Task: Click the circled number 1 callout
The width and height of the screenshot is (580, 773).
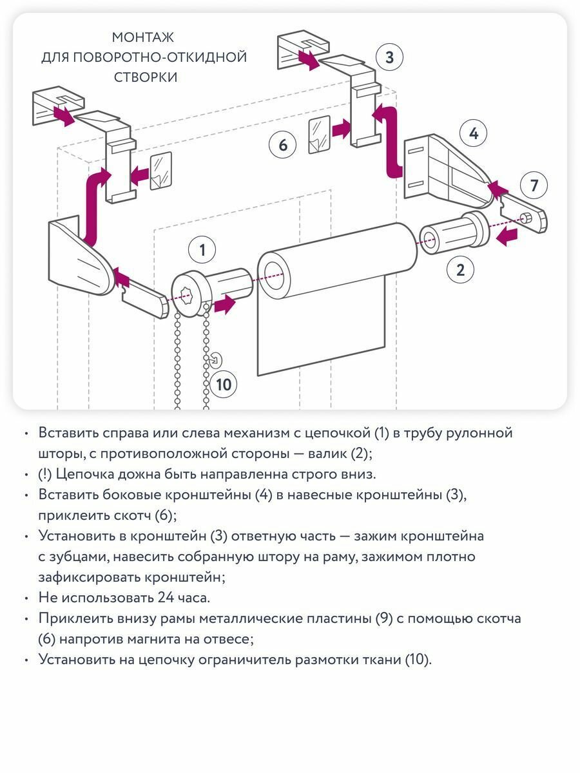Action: (203, 250)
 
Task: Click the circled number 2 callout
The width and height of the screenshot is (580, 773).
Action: (460, 269)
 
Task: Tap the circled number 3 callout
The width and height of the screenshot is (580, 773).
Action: (389, 57)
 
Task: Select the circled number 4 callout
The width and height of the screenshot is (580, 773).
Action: (474, 134)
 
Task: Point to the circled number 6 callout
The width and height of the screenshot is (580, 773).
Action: (283, 144)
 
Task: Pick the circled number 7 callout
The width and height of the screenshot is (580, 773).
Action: (534, 186)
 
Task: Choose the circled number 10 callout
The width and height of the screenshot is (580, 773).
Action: (223, 385)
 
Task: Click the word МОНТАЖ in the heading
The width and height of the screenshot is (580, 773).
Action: (143, 37)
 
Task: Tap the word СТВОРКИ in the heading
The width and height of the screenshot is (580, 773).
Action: (146, 77)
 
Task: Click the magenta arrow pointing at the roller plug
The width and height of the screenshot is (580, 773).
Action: (508, 236)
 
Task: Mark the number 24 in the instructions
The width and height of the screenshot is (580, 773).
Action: (166, 597)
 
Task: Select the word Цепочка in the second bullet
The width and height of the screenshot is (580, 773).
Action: (84, 474)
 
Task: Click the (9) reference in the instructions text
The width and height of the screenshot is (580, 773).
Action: (382, 618)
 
